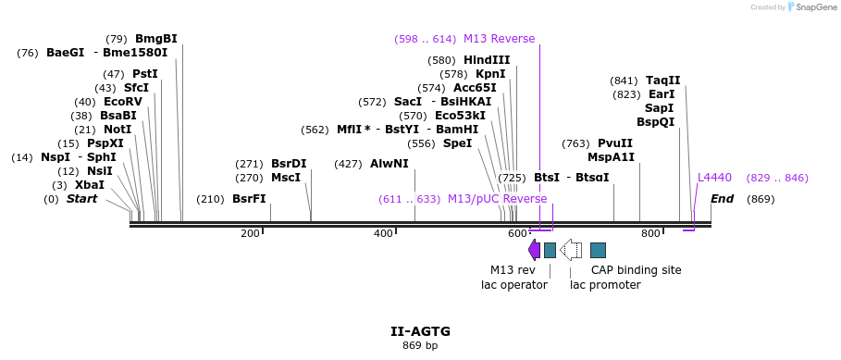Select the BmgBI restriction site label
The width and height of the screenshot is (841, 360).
[155, 39]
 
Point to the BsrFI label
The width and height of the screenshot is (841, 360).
[248, 199]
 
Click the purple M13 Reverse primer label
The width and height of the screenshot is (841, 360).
[499, 39]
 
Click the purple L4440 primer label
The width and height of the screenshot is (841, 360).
[714, 177]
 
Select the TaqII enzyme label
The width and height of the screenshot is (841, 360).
[662, 81]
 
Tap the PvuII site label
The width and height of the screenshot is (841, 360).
[615, 143]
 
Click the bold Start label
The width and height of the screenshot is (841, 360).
[81, 199]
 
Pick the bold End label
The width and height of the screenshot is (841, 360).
[722, 199]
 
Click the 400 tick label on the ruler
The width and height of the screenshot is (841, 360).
[383, 234]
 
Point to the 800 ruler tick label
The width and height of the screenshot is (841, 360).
[650, 234]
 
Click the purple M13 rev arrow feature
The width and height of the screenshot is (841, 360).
[534, 249]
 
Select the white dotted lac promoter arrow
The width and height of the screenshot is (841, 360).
[572, 249]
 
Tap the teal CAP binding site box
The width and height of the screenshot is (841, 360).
[598, 250]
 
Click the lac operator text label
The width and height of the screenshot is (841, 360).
[514, 285]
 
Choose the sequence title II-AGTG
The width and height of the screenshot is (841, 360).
[420, 330]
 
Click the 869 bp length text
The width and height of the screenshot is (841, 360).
[420, 346]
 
